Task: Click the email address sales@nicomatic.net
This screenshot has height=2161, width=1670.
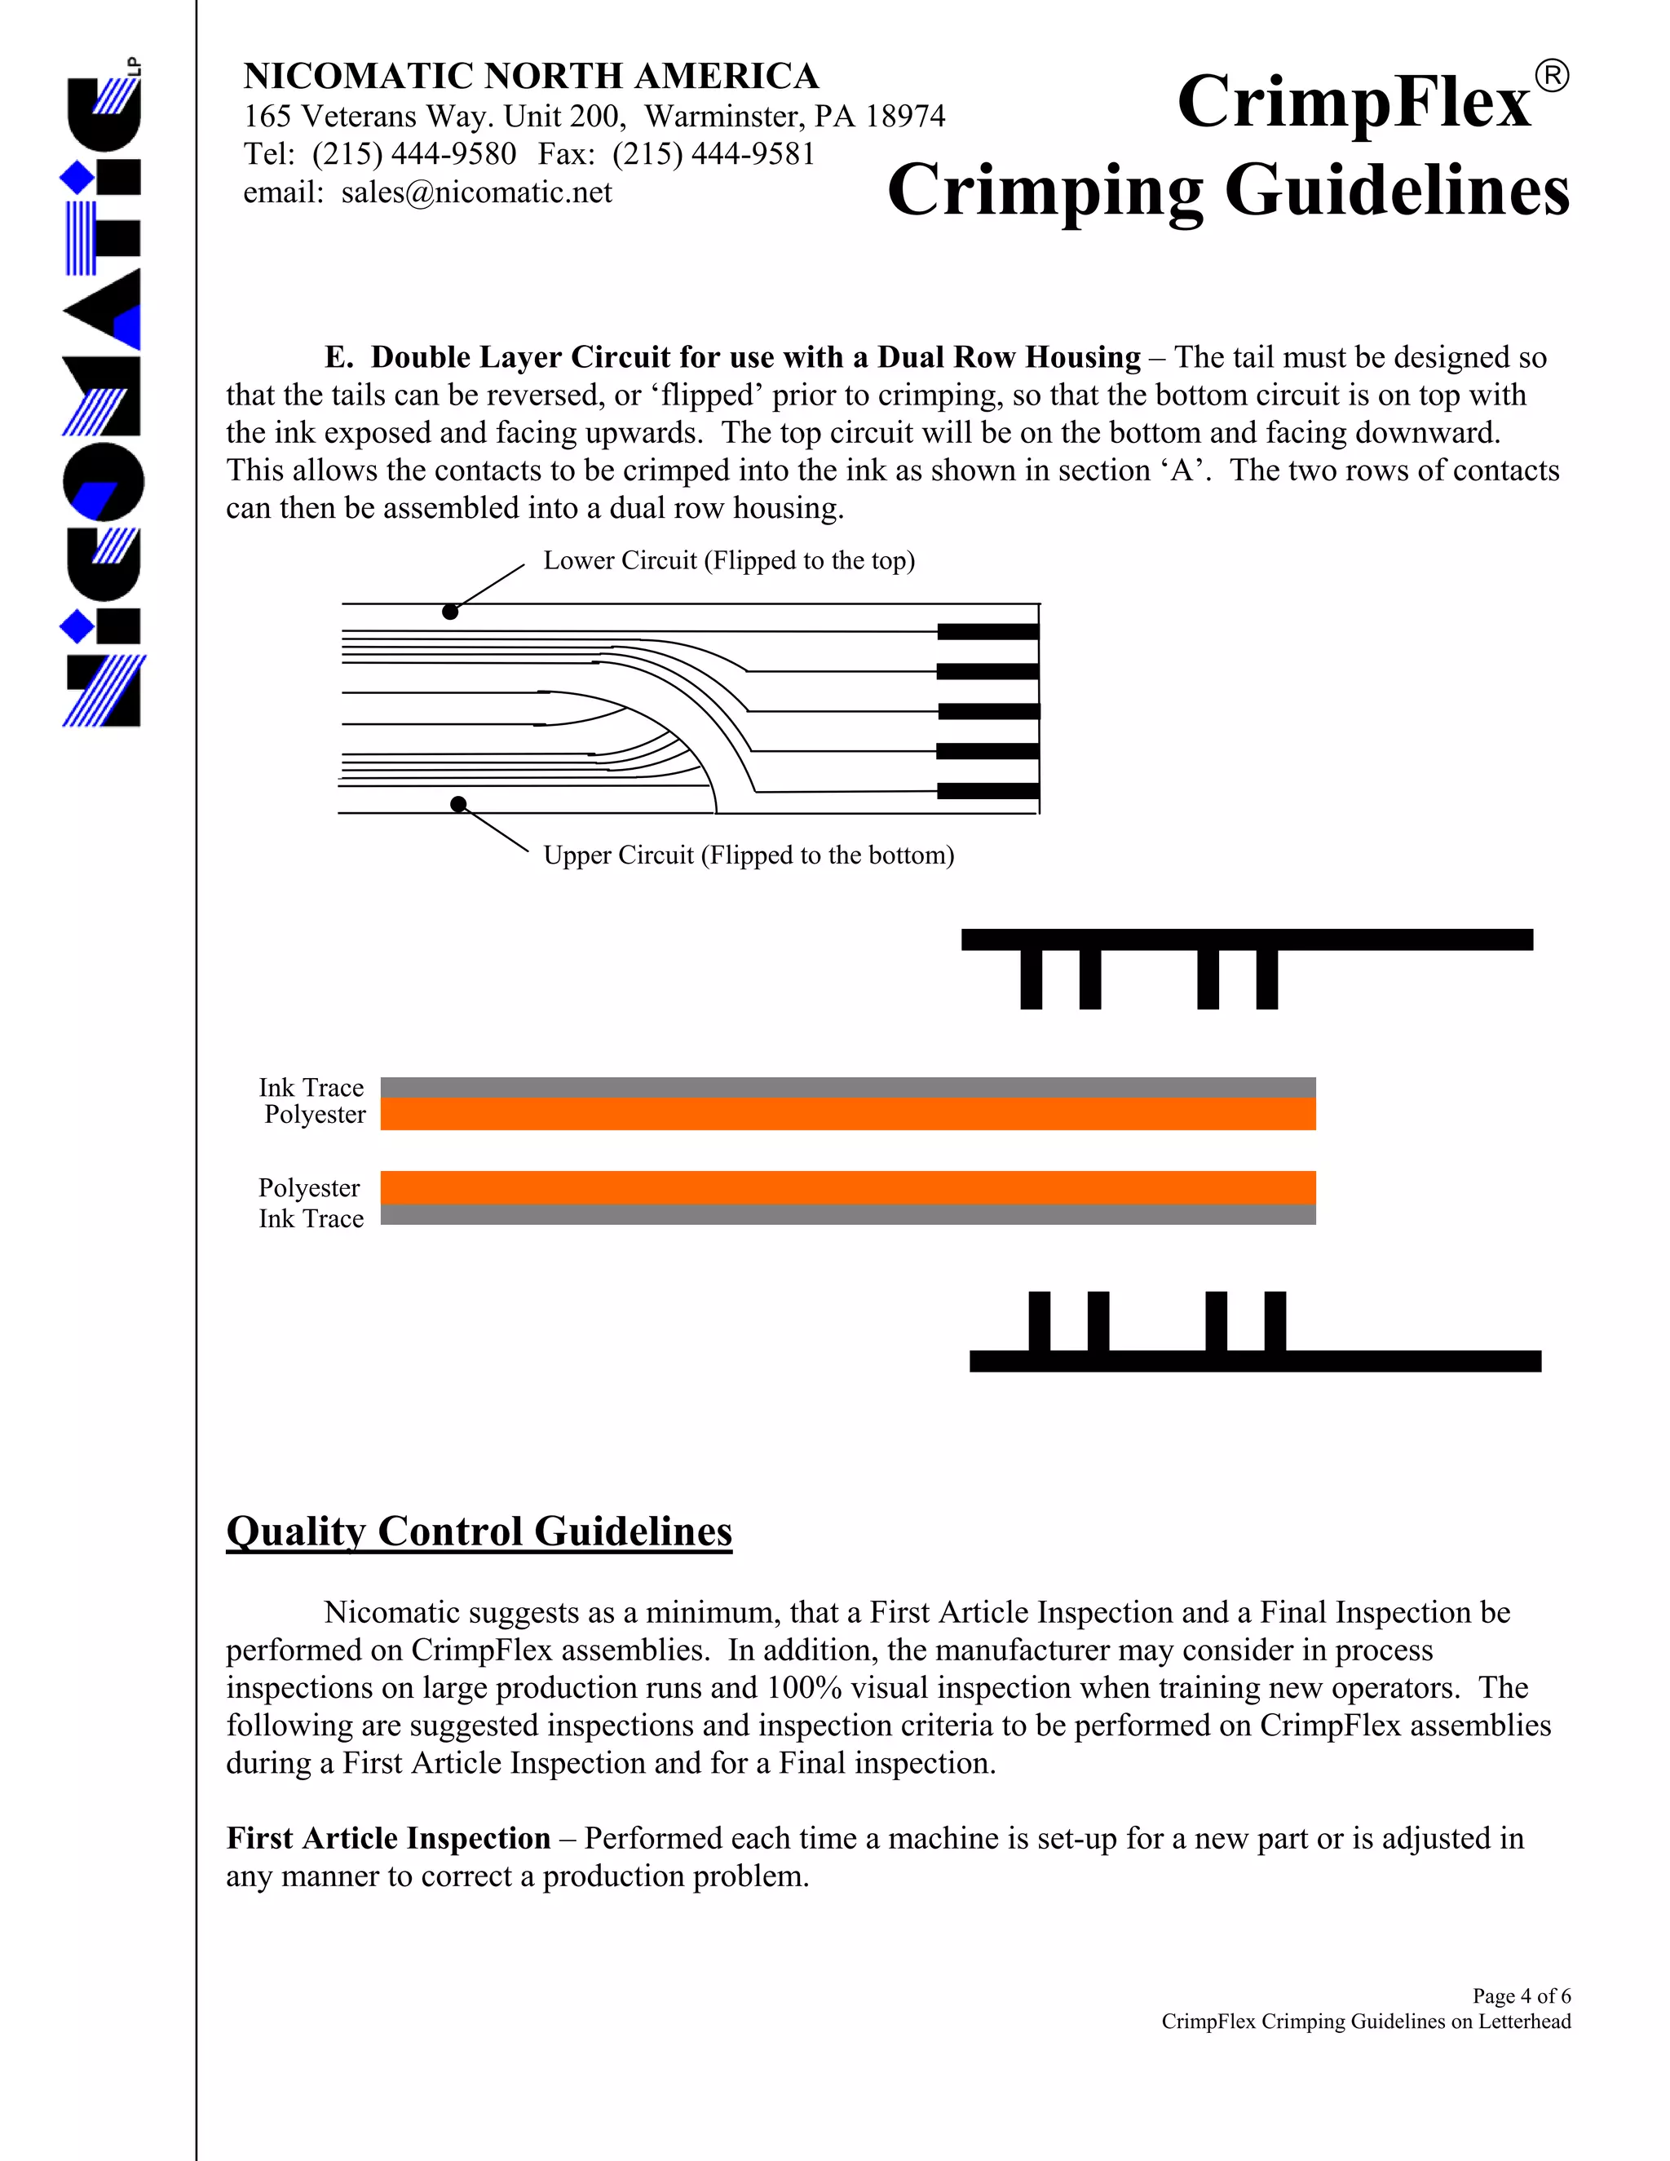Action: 476,192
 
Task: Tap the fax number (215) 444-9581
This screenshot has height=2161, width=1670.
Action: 714,154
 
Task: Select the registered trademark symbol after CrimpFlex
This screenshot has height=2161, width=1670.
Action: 1551,76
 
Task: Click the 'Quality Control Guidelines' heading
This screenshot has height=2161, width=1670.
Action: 479,1531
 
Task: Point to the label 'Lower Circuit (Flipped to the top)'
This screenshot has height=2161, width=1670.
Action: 728,561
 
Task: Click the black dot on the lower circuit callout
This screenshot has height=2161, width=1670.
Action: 450,612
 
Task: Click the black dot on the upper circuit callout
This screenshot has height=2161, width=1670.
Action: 458,803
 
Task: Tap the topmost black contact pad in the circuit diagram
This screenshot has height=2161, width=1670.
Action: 987,631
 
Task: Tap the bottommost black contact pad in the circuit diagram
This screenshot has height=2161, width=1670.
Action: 987,790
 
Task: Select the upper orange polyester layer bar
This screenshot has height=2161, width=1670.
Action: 847,1114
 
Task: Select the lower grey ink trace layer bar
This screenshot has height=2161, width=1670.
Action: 847,1215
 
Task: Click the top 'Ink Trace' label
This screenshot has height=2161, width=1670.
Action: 311,1087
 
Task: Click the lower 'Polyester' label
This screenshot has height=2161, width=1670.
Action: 309,1187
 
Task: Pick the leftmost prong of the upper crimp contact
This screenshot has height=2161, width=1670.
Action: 1031,979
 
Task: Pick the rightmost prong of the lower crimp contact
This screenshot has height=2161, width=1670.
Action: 1275,1321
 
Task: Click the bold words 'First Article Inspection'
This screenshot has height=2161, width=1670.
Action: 388,1838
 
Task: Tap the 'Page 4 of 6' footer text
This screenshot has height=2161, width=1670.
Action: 1521,1995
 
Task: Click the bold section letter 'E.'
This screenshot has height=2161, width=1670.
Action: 338,357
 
